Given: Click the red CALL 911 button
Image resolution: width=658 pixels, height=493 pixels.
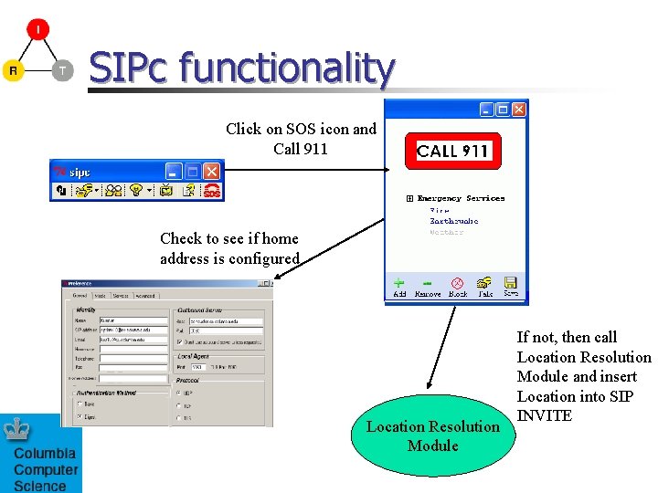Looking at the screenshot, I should [x=453, y=152].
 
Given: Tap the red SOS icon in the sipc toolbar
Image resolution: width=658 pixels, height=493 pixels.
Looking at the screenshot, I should [x=211, y=191].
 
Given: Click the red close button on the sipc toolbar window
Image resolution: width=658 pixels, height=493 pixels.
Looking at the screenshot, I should [x=212, y=171].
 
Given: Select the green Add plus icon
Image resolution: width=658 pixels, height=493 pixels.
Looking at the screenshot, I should [x=399, y=284].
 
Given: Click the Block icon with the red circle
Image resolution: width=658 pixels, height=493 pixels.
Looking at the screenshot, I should [x=458, y=284].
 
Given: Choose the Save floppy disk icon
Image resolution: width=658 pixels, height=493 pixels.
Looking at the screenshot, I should [x=511, y=283].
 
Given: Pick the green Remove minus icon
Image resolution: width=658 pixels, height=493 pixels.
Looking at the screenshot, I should [x=427, y=284].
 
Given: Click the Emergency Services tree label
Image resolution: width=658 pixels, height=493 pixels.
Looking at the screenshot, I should [x=461, y=198].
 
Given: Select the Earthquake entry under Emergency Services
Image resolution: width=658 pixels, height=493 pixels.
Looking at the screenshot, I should [x=454, y=221].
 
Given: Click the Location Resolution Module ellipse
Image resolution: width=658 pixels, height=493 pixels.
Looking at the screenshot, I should [x=432, y=435].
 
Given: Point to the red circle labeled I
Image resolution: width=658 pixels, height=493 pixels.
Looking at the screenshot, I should [x=37, y=29].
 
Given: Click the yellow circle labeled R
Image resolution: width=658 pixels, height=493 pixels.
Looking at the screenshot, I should [x=13, y=70].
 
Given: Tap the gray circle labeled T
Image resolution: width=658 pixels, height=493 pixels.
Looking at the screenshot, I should [x=62, y=70].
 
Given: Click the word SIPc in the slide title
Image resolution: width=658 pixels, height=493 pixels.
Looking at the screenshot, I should [x=129, y=68].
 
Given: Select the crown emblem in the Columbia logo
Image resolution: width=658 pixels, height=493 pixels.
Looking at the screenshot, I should [x=16, y=430].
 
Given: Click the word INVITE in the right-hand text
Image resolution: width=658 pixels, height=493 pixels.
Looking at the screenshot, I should [x=544, y=416].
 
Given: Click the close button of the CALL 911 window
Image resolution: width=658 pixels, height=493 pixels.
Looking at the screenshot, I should [x=518, y=109].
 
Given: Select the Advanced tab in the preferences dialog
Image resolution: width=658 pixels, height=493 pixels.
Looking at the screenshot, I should [x=146, y=296].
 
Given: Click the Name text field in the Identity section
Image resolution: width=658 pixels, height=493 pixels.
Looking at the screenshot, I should [x=133, y=321].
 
